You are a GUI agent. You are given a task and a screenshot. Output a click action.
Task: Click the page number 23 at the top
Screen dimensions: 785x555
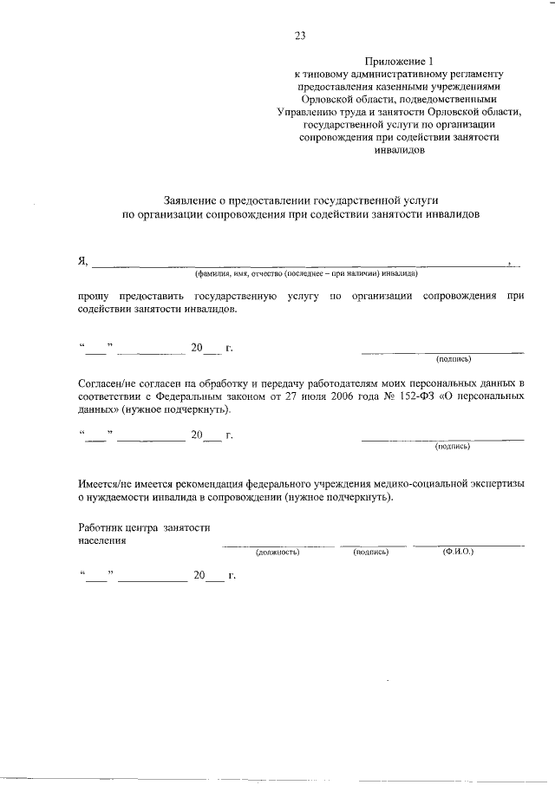coord(299,36)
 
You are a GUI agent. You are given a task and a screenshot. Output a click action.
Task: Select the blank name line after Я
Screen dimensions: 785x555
coord(304,263)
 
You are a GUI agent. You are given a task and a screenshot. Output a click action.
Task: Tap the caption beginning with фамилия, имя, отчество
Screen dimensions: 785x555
coord(306,273)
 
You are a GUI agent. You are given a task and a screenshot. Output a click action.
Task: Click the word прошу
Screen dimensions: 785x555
coord(94,298)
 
